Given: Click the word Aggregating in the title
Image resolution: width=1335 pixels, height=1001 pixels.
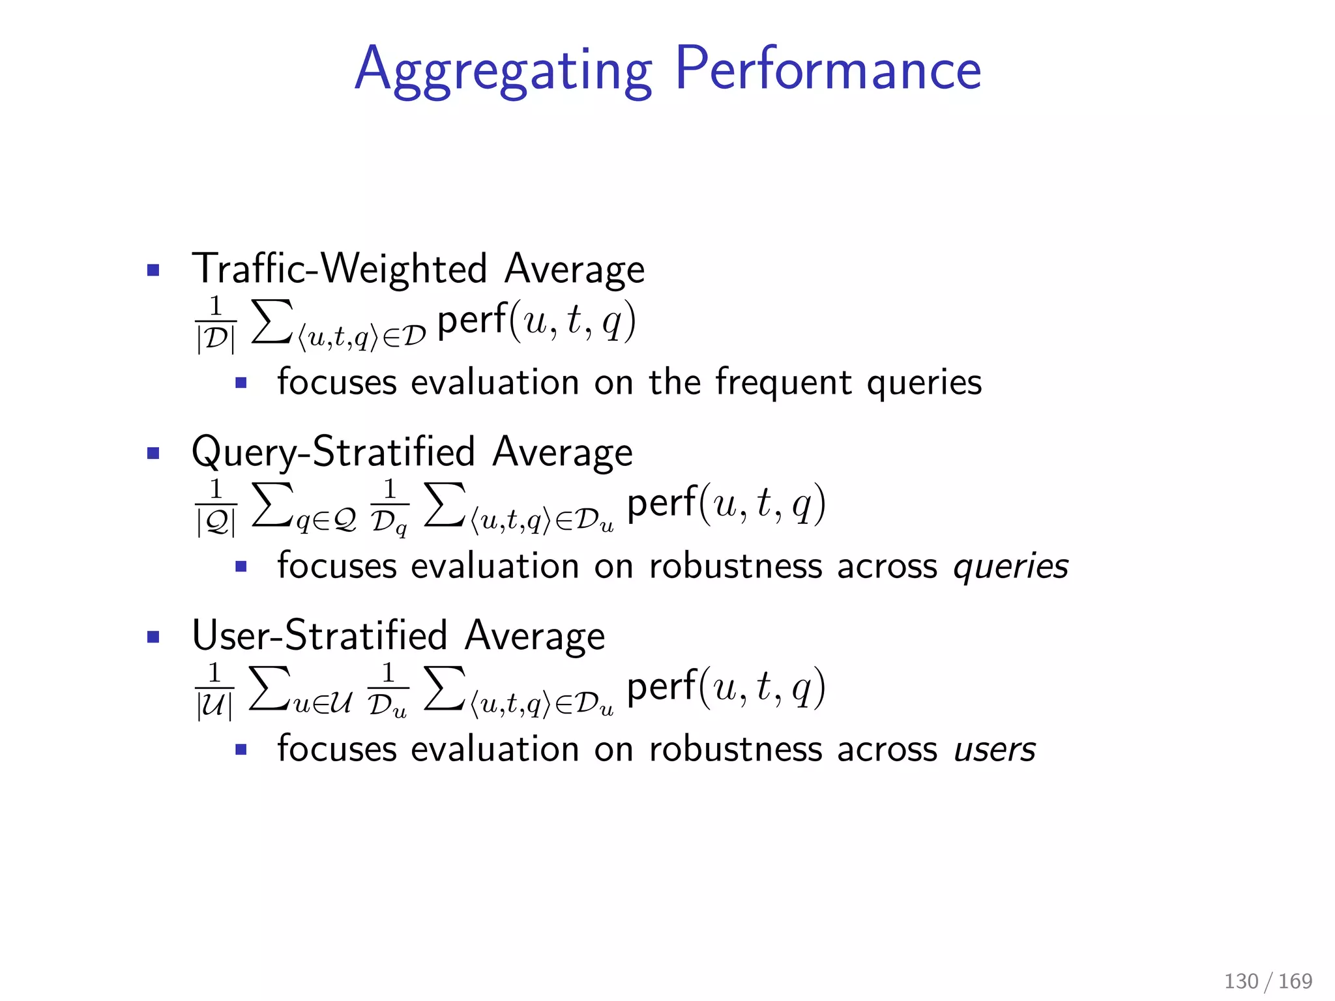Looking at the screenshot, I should [x=503, y=70].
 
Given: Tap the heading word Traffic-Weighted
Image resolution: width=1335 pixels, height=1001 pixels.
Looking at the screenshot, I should [x=339, y=268].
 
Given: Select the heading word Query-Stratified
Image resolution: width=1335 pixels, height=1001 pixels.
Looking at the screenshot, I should [x=333, y=452].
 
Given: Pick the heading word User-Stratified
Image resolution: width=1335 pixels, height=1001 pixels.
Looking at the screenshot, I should [x=319, y=635].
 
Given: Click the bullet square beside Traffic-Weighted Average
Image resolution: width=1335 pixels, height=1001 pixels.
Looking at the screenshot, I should [x=154, y=270].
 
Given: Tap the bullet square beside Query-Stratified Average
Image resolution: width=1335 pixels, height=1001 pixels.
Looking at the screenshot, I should [x=154, y=453].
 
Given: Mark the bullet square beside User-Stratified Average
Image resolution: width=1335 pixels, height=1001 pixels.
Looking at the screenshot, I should [x=154, y=637].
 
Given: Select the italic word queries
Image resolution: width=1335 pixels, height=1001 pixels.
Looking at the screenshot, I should [x=1010, y=566].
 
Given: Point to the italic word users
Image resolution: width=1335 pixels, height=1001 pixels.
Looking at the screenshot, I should [x=995, y=749].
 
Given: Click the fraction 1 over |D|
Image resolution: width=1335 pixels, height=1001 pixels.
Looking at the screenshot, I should [x=215, y=324].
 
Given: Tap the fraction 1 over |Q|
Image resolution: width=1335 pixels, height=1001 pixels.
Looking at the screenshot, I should [x=215, y=507].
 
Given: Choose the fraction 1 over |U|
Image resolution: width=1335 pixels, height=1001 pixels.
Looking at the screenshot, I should [x=214, y=691].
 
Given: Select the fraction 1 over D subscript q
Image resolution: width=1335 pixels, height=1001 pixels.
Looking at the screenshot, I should [x=389, y=507].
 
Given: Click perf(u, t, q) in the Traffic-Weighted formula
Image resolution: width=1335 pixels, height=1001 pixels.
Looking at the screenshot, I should [x=536, y=321].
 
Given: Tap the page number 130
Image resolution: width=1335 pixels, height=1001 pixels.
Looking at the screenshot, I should [x=1241, y=981].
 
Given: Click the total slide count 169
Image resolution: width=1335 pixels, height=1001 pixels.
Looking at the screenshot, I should [x=1295, y=981].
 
